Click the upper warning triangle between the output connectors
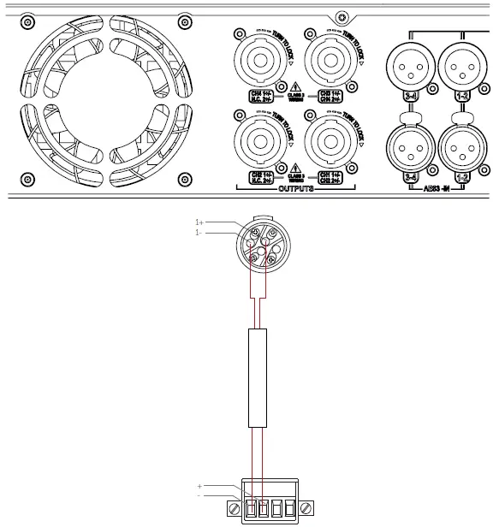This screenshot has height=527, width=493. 295,86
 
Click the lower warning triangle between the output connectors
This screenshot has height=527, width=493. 295,168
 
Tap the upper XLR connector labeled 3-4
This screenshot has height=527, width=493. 408,63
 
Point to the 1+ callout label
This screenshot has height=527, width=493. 199,222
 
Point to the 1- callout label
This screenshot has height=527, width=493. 199,232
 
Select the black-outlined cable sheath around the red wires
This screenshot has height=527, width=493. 259,376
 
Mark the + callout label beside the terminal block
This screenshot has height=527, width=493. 199,486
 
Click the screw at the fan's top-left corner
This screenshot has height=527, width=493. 27,18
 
